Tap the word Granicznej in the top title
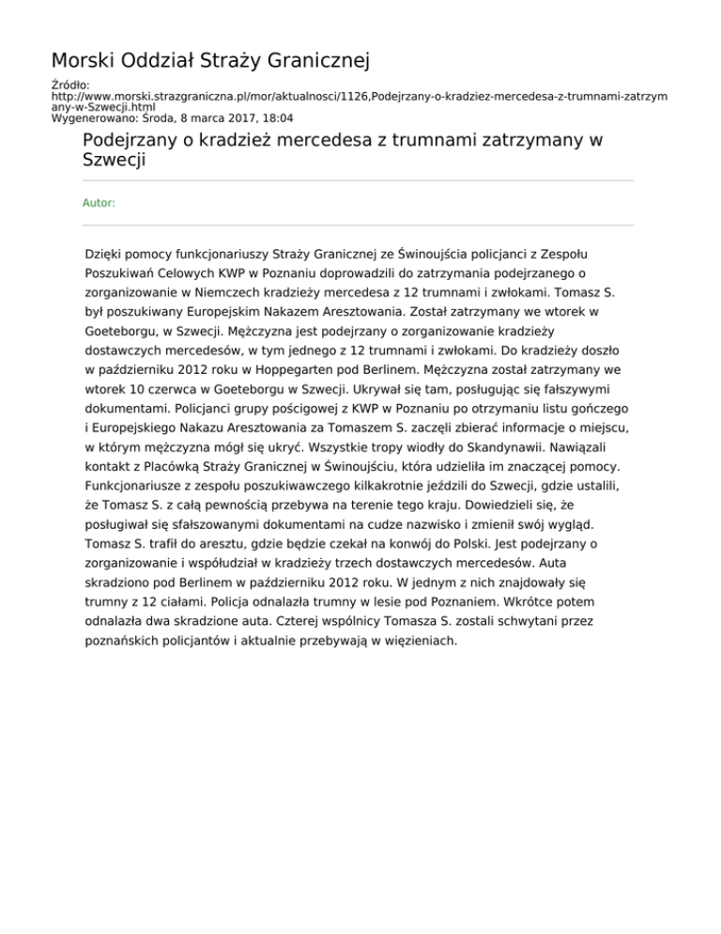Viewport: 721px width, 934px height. [312, 62]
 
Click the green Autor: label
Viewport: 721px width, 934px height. [99, 203]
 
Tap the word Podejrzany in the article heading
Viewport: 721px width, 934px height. [137, 140]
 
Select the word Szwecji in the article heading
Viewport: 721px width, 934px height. [116, 160]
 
